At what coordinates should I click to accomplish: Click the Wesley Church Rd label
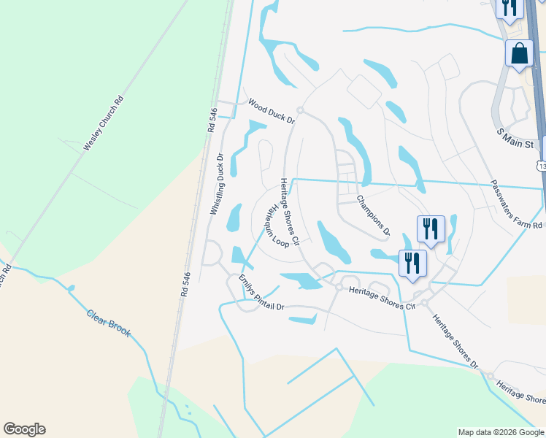pyautogui.click(x=103, y=123)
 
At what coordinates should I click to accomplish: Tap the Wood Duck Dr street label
pyautogui.click(x=270, y=110)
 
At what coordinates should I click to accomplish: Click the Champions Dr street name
pyautogui.click(x=374, y=216)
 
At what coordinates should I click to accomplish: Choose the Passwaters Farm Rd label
pyautogui.click(x=516, y=205)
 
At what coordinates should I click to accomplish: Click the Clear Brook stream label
pyautogui.click(x=109, y=323)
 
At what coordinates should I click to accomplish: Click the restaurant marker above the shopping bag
pyautogui.click(x=509, y=7)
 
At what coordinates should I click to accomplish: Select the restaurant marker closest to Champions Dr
pyautogui.click(x=431, y=228)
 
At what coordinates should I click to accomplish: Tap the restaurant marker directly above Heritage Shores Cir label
pyautogui.click(x=412, y=263)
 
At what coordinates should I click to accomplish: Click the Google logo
pyautogui.click(x=24, y=429)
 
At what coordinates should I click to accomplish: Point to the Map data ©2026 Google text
pyautogui.click(x=501, y=432)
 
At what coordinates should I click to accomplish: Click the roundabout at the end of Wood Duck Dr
pyautogui.click(x=300, y=111)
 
